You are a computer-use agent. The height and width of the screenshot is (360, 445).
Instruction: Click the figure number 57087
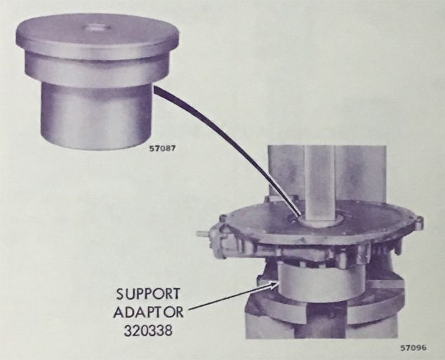pyautogui.click(x=163, y=148)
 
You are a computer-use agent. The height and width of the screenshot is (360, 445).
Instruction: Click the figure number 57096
pyautogui.click(x=413, y=347)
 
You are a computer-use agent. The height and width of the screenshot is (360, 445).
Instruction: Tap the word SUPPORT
pyautogui.click(x=148, y=294)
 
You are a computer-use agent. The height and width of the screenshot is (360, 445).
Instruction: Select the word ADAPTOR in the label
pyautogui.click(x=148, y=312)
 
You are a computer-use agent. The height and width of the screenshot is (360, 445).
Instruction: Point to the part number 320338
pyautogui.click(x=148, y=331)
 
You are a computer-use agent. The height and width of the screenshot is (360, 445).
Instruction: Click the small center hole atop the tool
pyautogui.click(x=97, y=27)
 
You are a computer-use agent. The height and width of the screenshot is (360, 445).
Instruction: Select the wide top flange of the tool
pyautogui.click(x=98, y=37)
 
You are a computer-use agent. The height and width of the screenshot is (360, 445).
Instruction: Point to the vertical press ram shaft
pyautogui.click(x=319, y=182)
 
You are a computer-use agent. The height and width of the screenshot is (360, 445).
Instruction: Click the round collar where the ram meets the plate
pyautogui.click(x=319, y=221)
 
